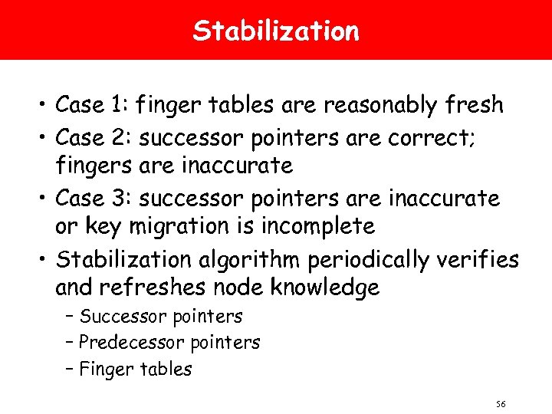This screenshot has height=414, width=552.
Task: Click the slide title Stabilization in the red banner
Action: point(276,31)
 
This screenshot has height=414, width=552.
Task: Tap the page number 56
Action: point(501,404)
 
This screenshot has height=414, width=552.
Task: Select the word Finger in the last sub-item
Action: point(106,370)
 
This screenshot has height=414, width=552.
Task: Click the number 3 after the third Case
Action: point(125,199)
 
